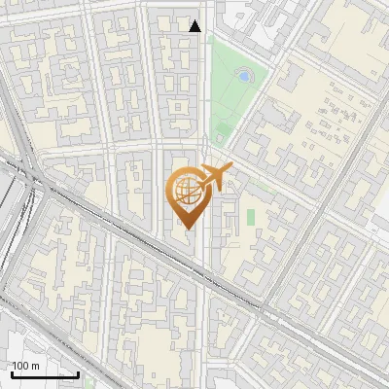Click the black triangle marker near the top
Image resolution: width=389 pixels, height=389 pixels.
coord(195,26)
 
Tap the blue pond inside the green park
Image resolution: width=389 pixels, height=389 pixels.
coord(243,74)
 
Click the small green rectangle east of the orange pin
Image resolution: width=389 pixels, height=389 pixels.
coord(250,216)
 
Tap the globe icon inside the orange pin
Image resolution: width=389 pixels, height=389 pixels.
coord(185,190)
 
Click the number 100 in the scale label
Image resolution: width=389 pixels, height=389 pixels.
coord(21,365)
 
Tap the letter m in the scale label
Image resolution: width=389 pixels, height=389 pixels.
coord(35,366)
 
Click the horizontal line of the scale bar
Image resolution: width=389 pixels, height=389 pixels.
coord(45,374)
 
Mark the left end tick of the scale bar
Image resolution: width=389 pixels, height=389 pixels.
coord(12,372)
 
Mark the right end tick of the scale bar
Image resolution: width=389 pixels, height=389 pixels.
coord(78,372)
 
